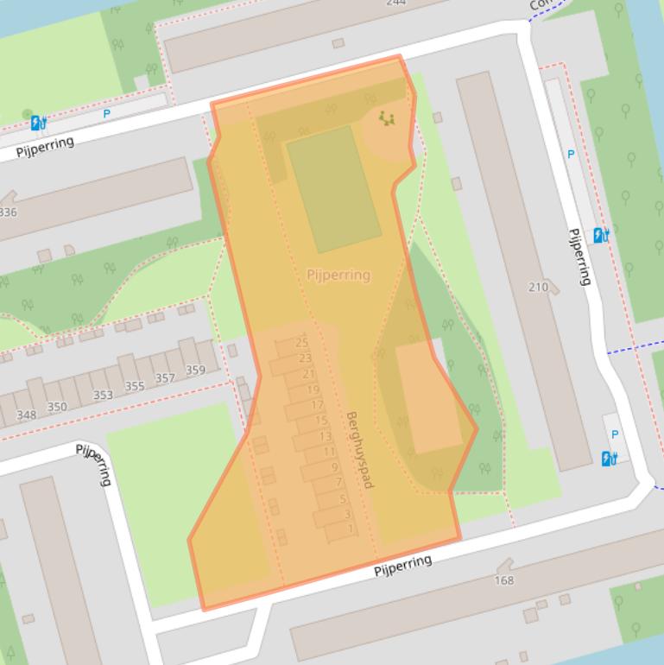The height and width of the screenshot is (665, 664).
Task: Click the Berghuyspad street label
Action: (359, 450)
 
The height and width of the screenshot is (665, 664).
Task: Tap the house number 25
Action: (302, 343)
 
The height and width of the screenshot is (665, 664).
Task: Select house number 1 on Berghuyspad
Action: (351, 529)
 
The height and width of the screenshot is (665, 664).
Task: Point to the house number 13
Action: (326, 437)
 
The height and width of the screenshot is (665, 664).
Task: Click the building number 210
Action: (538, 287)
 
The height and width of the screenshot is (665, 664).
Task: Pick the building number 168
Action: (504, 580)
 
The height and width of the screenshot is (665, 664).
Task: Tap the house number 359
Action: (195, 370)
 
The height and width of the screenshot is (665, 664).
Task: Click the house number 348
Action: (27, 415)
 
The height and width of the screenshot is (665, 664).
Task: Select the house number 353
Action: (103, 395)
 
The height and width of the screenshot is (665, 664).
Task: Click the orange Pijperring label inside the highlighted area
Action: (338, 275)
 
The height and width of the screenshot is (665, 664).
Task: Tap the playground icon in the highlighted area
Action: (386, 117)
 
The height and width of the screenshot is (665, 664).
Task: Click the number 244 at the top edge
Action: (395, 3)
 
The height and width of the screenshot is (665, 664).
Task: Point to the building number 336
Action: (7, 212)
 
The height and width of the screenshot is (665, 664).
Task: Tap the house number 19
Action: (313, 390)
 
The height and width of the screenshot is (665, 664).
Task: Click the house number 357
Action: (165, 378)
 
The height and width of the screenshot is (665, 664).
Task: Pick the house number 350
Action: (57, 407)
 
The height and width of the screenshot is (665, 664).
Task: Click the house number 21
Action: (309, 374)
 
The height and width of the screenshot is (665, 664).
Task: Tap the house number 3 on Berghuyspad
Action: (348, 514)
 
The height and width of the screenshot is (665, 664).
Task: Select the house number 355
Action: (135, 386)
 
